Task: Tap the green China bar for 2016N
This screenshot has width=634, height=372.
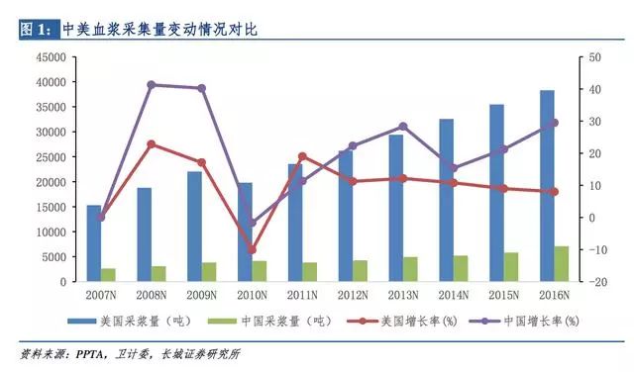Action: click(x=562, y=264)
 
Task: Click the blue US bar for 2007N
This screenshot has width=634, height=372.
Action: click(x=93, y=243)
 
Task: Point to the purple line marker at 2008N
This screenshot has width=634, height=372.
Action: click(x=151, y=84)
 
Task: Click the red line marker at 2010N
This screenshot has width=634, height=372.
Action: click(x=252, y=250)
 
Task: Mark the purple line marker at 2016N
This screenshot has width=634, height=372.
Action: click(x=554, y=123)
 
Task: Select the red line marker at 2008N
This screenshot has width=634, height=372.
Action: click(x=151, y=144)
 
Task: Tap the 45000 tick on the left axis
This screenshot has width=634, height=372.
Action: click(x=50, y=57)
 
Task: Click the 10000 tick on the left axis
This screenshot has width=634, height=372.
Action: click(x=50, y=232)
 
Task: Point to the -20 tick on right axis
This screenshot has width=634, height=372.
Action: click(x=596, y=282)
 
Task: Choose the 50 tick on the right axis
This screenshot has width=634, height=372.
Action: click(x=594, y=57)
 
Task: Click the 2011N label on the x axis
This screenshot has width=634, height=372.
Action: click(x=302, y=295)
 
